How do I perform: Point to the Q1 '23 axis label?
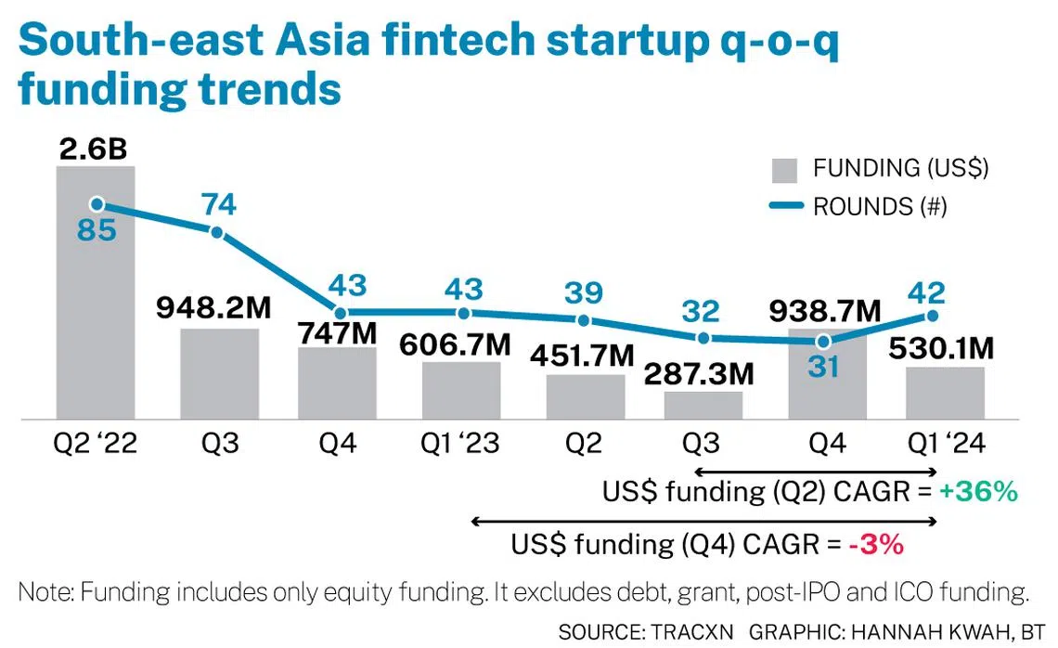point(460,445)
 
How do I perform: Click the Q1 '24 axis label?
point(944,445)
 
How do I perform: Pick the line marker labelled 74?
point(217,232)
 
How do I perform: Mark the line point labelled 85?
point(97,204)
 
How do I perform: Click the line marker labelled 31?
point(823,340)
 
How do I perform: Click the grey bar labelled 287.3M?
point(703,406)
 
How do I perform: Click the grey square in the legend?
point(784,170)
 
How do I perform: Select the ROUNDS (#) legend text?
point(879,206)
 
